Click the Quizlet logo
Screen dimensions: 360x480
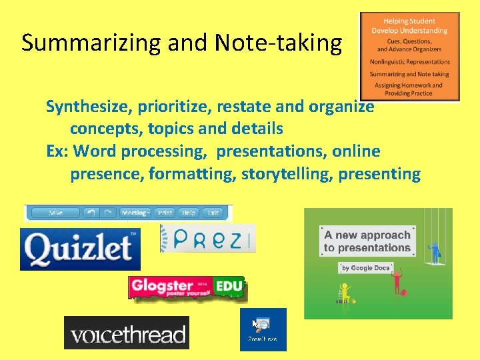click(80, 249)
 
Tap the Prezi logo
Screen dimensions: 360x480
click(209, 239)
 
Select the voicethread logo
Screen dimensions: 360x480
click(127, 333)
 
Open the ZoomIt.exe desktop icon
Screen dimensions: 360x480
click(263, 329)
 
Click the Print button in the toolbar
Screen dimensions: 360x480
click(165, 213)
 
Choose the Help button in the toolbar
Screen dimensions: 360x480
click(189, 213)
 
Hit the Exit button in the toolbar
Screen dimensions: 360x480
click(213, 213)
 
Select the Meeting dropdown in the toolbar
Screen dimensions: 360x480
click(135, 213)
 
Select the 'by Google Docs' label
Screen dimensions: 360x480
click(365, 268)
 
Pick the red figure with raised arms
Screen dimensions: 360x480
click(397, 282)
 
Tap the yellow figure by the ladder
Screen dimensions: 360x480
click(345, 291)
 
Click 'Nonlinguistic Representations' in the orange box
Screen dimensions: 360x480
click(409, 62)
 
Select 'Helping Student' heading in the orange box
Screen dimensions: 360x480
click(409, 21)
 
